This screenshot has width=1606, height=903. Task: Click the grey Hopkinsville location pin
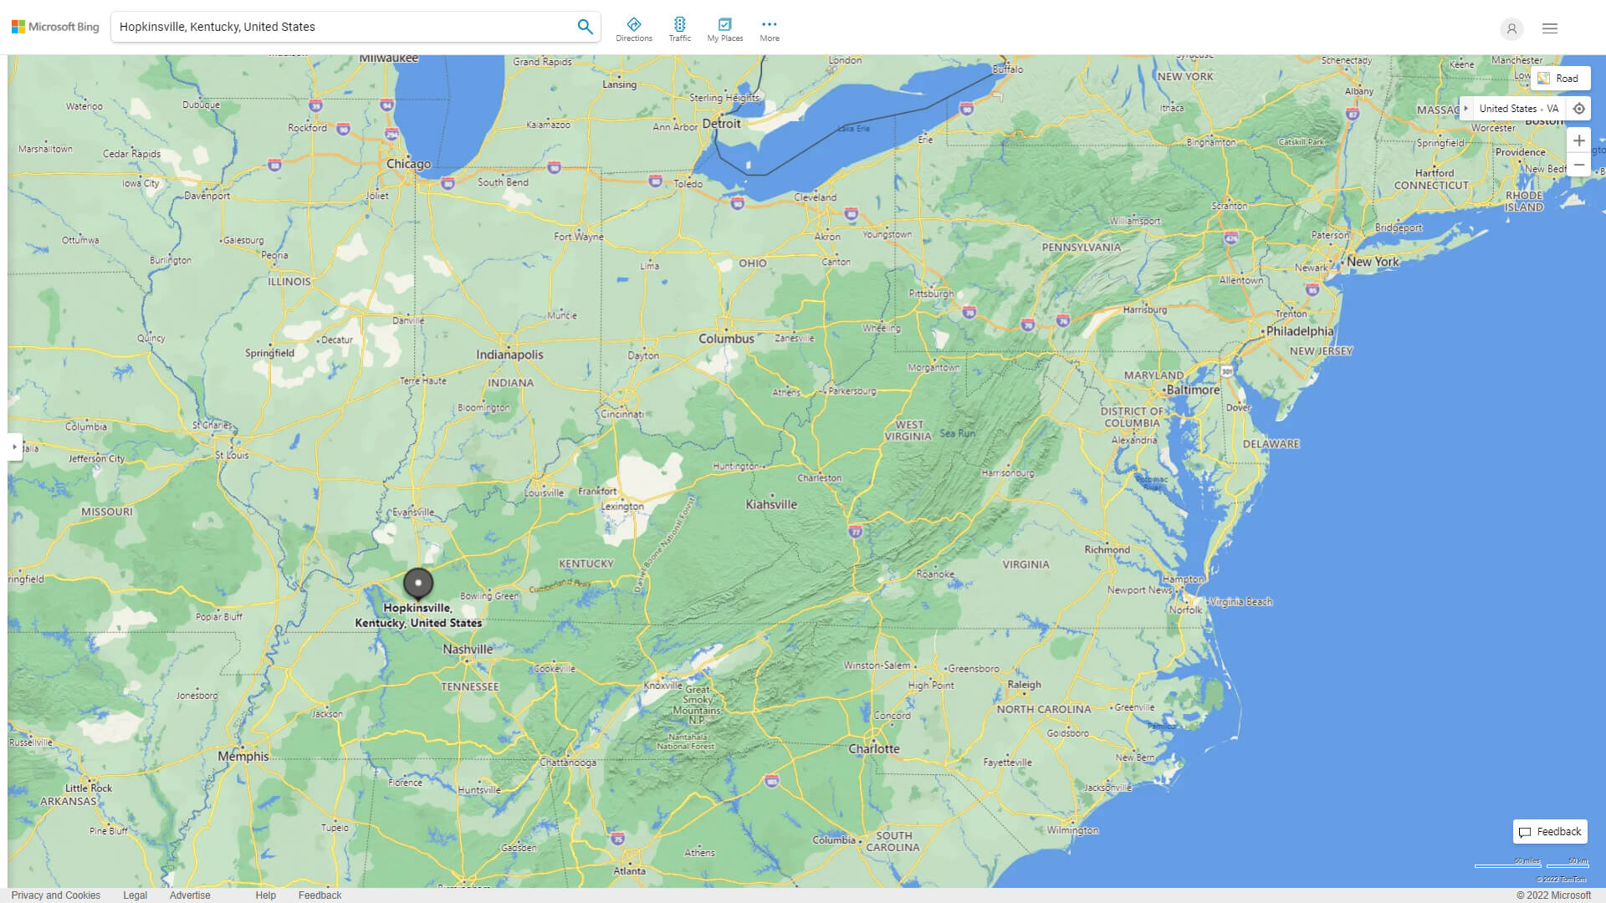point(418,583)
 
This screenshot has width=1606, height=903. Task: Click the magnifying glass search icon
point(585,27)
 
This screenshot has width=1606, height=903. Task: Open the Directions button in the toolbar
point(634,28)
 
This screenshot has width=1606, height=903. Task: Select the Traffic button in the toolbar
point(679,28)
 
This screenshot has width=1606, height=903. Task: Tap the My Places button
point(724,28)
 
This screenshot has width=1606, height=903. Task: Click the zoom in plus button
point(1578,140)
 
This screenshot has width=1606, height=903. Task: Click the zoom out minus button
point(1578,165)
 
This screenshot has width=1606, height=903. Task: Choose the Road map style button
point(1558,79)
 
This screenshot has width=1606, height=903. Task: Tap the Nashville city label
point(468,649)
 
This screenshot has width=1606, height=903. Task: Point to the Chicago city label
point(408,164)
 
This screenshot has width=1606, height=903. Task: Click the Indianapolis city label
point(509,355)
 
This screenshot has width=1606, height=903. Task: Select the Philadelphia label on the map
point(1299,331)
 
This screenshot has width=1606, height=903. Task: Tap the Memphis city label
point(243,756)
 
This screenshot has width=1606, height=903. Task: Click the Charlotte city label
point(874,748)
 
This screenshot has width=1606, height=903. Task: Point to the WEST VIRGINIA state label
point(908,431)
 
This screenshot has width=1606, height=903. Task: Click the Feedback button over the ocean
point(1550,831)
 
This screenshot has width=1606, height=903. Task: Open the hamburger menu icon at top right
point(1550,28)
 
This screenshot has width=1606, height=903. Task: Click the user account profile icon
point(1511,28)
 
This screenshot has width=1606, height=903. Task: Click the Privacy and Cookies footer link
point(56,895)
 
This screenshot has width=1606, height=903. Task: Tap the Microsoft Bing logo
point(55,27)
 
